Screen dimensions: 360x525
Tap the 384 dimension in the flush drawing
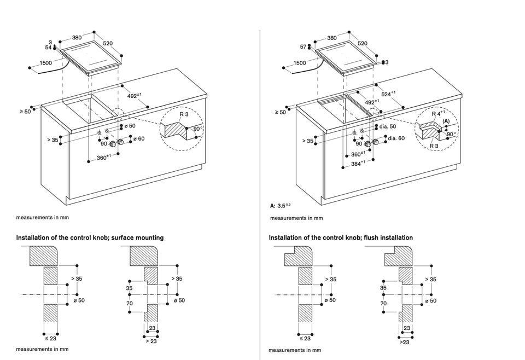(359, 163)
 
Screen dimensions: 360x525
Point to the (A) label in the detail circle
(446, 121)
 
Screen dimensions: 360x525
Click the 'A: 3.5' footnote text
(281, 206)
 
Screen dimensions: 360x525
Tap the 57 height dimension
(304, 47)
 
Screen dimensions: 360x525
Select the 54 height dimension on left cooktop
(48, 48)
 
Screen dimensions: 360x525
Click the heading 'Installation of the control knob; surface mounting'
(90, 238)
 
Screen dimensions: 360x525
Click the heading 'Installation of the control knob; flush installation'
(341, 238)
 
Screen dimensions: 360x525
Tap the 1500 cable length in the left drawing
(46, 63)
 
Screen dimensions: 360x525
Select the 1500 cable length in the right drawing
(300, 63)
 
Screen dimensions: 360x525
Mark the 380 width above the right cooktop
(332, 38)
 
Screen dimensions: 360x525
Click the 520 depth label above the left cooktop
(108, 43)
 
